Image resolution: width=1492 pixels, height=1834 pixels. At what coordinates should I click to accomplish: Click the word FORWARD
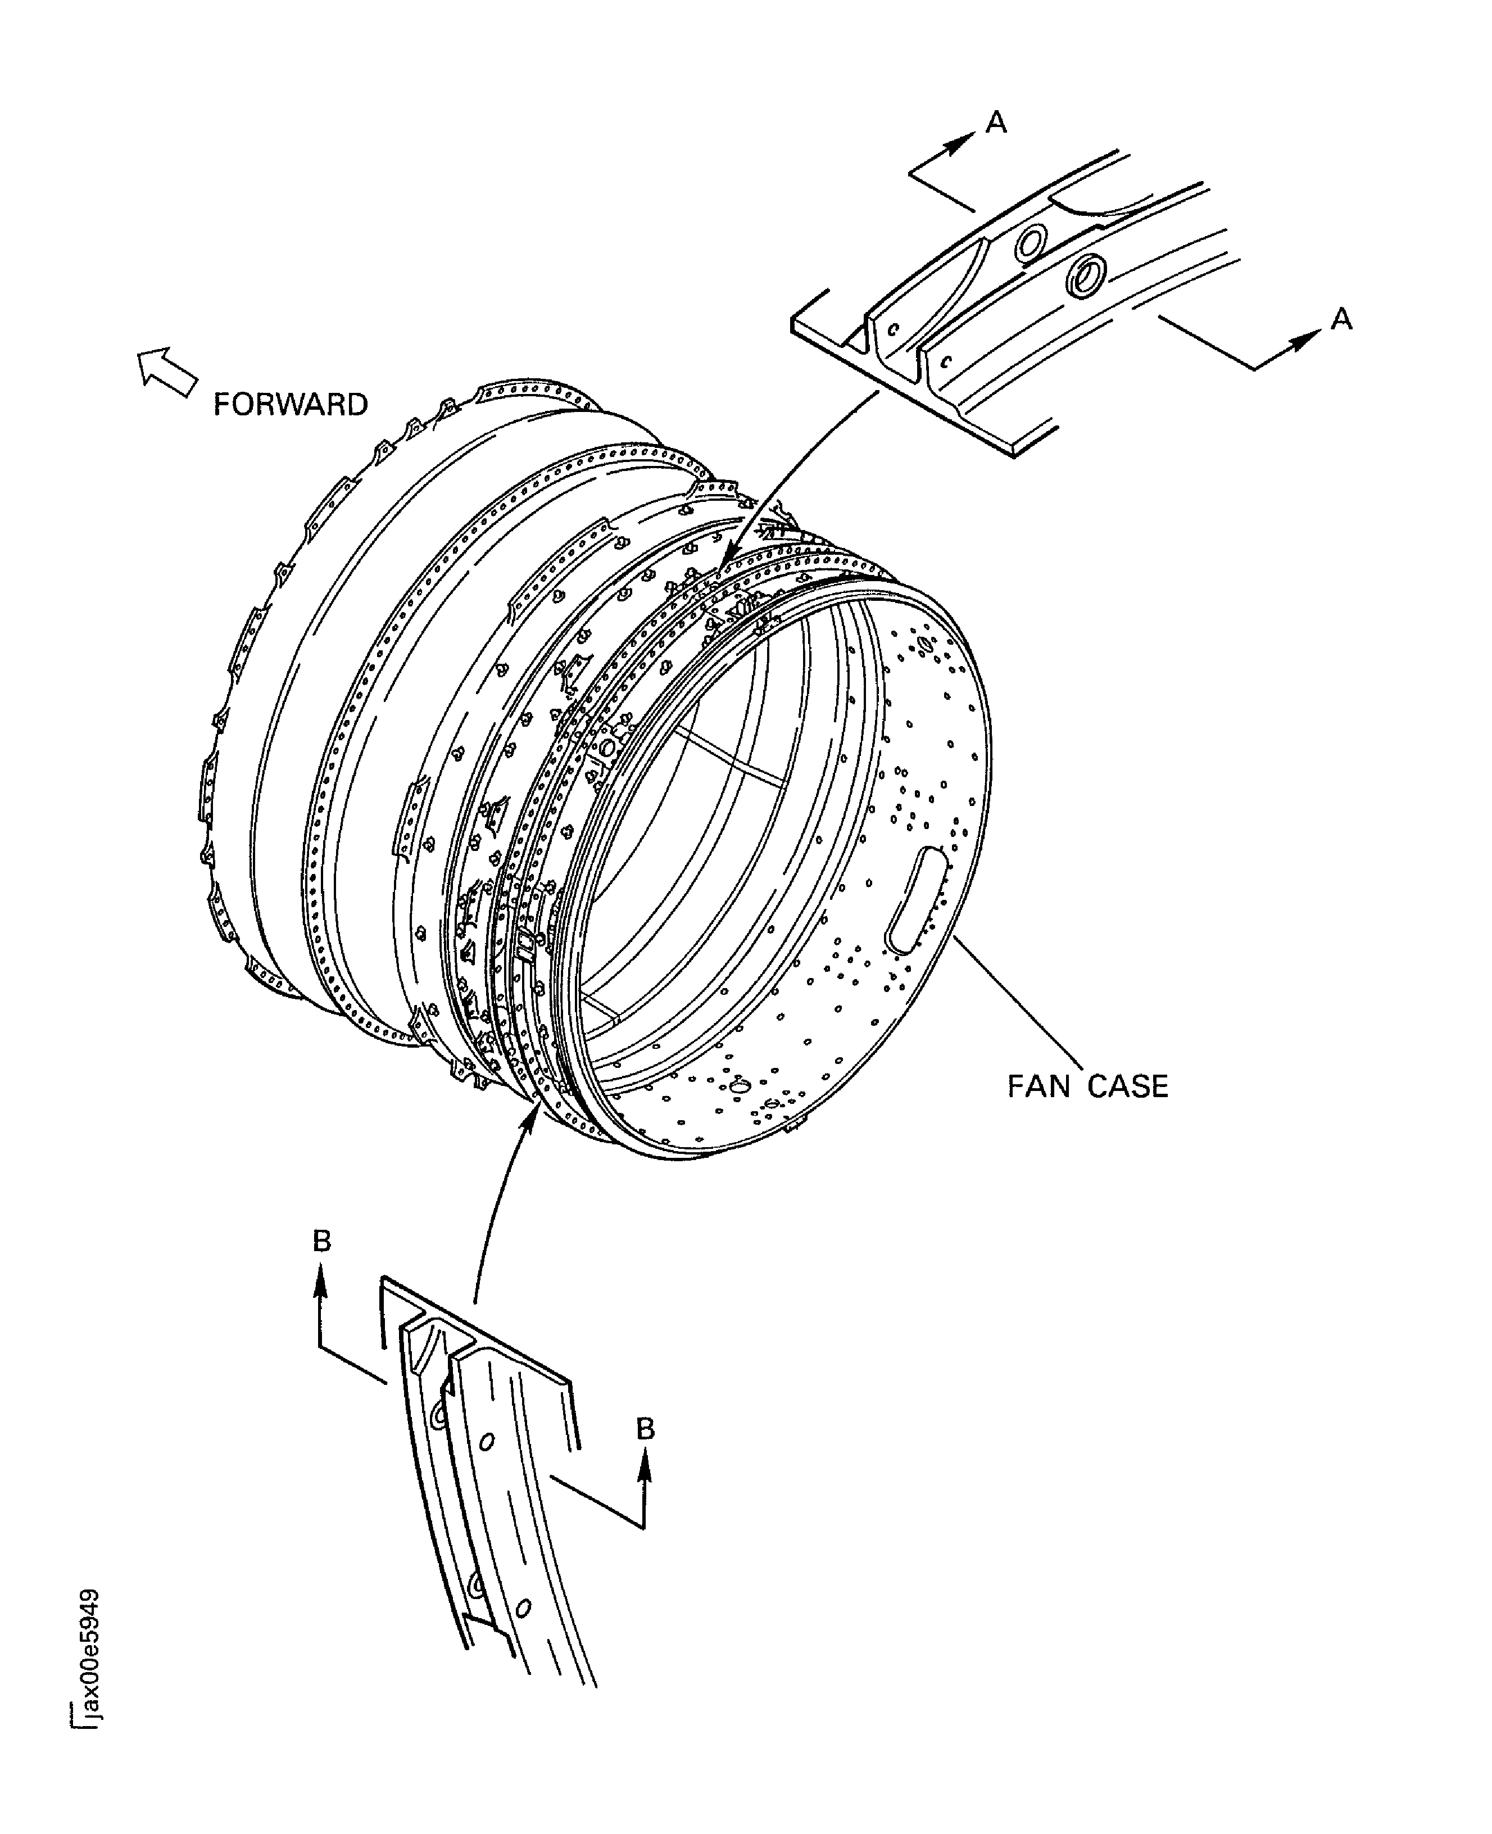pyautogui.click(x=291, y=405)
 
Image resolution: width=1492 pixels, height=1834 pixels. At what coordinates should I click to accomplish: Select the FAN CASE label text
pyautogui.click(x=1087, y=1086)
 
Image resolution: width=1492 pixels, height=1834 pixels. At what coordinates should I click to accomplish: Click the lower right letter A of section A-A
pyautogui.click(x=1341, y=320)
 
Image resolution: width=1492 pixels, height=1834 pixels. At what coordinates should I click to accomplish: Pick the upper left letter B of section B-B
pyautogui.click(x=321, y=1241)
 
